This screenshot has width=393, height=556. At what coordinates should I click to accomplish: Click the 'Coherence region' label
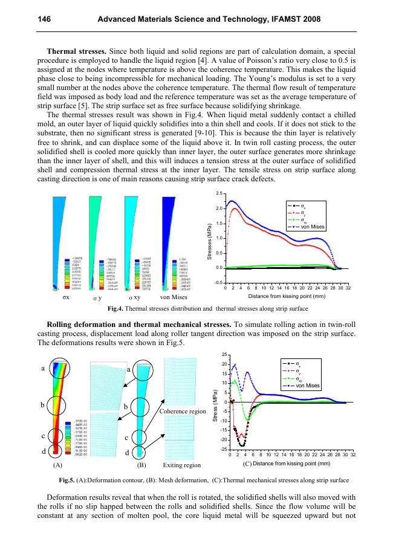coord(183,411)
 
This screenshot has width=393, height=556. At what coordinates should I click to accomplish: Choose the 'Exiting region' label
coord(182,465)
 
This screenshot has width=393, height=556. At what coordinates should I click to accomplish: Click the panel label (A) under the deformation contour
coord(57,465)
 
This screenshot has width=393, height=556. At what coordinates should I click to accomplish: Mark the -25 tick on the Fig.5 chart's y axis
coord(224,449)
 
